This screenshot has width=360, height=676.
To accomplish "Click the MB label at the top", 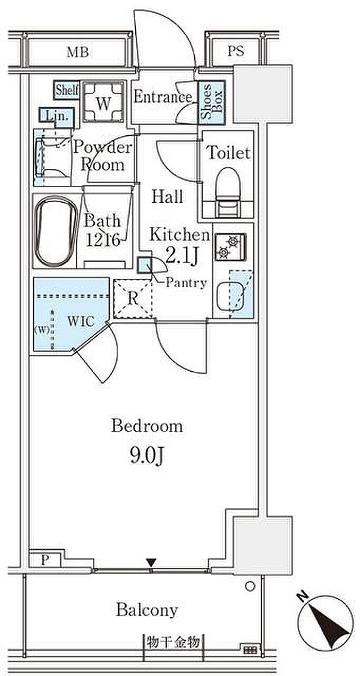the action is pyautogui.click(x=78, y=52).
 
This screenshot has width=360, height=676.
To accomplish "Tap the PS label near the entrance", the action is pyautogui.click(x=236, y=51).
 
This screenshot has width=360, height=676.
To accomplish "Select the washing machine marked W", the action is pyautogui.click(x=103, y=102).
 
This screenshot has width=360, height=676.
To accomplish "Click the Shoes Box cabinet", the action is pyautogui.click(x=212, y=102).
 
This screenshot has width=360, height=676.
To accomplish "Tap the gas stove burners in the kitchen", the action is pyautogui.click(x=230, y=247).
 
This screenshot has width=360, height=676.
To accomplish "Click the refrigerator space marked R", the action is pyautogui.click(x=132, y=298).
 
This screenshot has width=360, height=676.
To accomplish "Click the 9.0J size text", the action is pyautogui.click(x=147, y=455).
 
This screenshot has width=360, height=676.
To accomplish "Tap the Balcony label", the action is pyautogui.click(x=147, y=609).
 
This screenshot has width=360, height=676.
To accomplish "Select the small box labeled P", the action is pyautogui.click(x=45, y=560).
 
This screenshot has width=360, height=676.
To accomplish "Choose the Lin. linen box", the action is pyautogui.click(x=56, y=116).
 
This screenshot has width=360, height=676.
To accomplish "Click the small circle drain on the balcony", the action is pyautogui.click(x=250, y=586).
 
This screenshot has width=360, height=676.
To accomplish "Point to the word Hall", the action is pyautogui.click(x=167, y=196).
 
